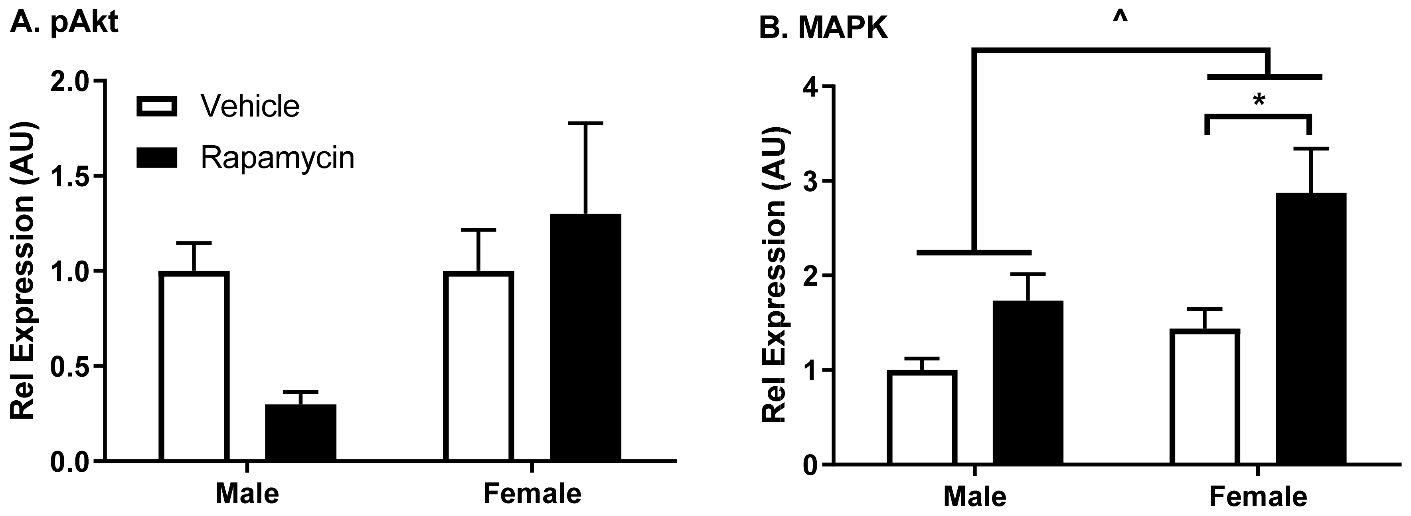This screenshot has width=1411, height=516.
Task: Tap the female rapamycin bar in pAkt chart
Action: pos(585,337)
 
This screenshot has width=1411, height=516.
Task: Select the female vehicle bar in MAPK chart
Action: pos(1205,397)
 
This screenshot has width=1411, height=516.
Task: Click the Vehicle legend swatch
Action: pos(157,106)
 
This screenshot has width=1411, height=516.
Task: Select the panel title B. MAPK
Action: pos(823,28)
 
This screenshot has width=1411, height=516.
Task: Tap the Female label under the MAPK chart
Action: pos(1258,496)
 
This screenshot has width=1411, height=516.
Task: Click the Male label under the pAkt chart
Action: pos(247,493)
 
